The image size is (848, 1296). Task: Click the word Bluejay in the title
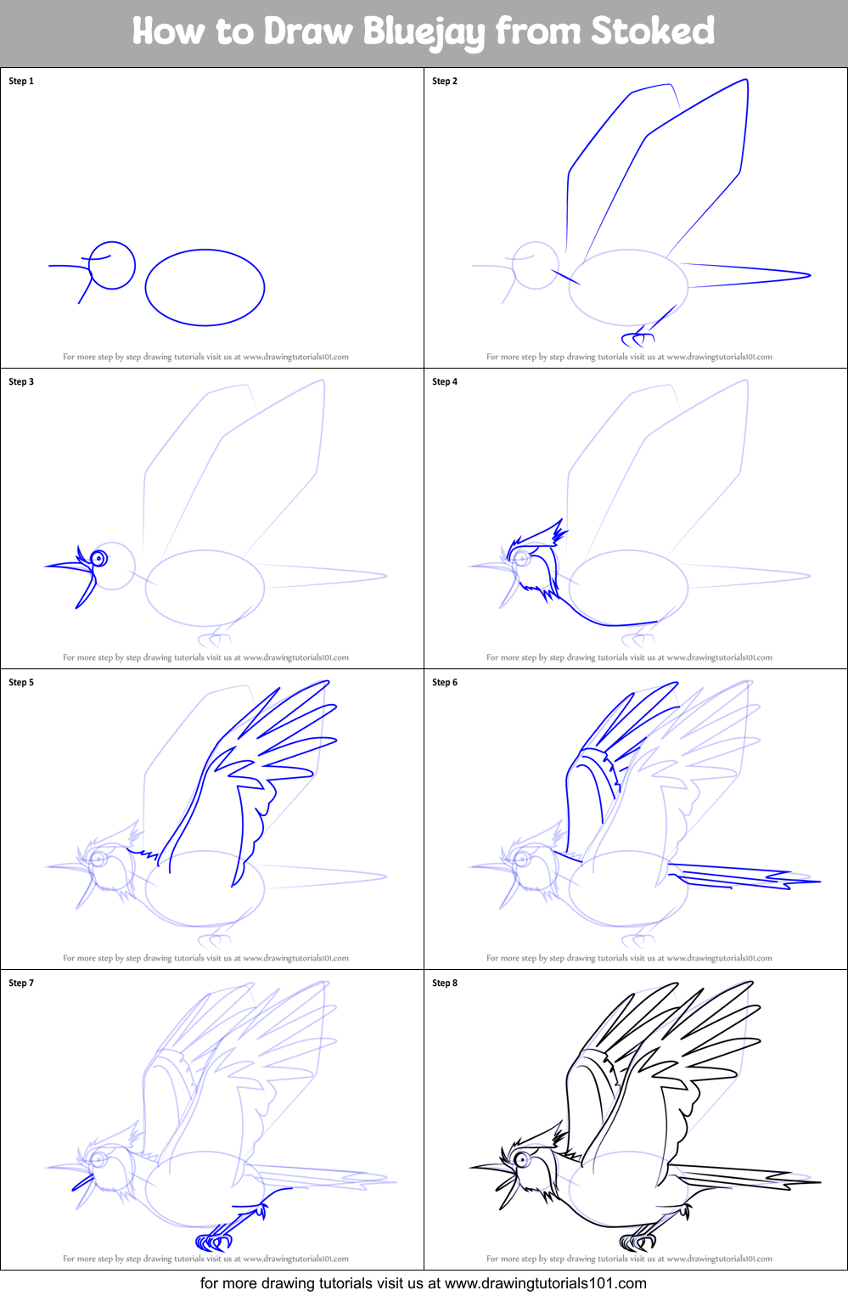[424, 31]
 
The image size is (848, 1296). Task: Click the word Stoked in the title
[653, 31]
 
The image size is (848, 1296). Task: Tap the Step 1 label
[21, 82]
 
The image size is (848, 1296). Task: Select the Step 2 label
[445, 82]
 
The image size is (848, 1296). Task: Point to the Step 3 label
[21, 382]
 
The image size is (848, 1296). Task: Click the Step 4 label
[445, 382]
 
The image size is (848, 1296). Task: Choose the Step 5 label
[21, 683]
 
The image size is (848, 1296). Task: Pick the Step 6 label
[445, 683]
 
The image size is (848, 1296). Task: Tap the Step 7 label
[21, 983]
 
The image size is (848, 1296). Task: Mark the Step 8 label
[445, 983]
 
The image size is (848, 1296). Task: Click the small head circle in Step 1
[113, 266]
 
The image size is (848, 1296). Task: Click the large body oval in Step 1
[205, 287]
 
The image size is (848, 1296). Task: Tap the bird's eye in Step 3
[98, 558]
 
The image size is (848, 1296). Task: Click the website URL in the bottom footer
[545, 1283]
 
